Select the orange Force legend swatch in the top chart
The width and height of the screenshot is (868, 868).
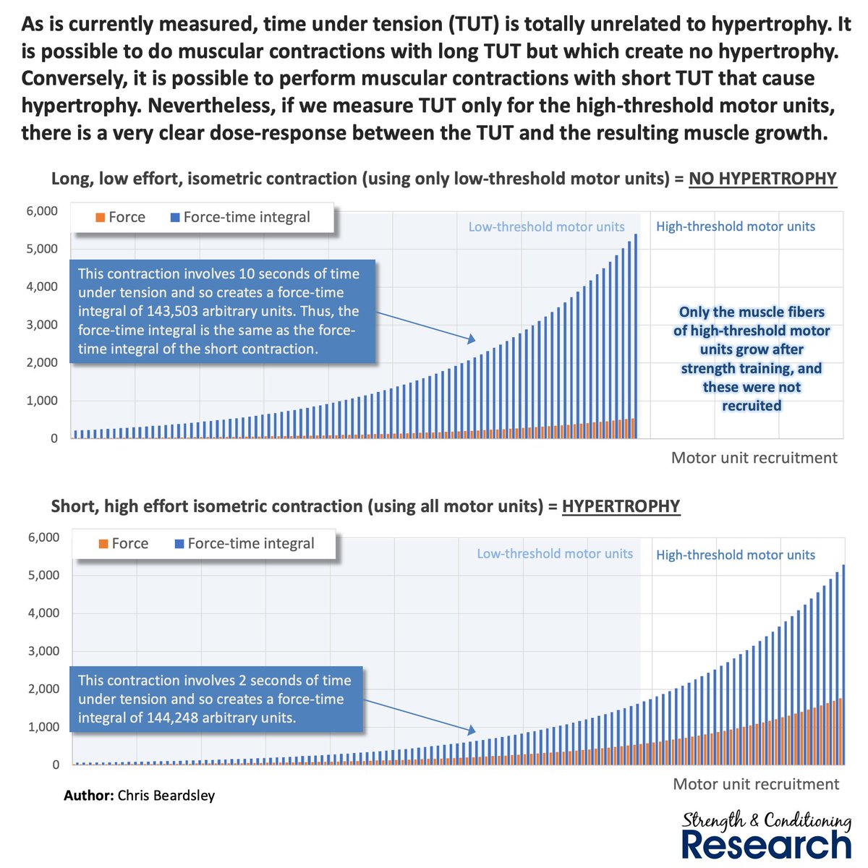pos(101,217)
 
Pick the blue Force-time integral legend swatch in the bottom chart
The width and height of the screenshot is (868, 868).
pos(179,544)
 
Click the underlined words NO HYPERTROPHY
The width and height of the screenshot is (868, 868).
pos(762,179)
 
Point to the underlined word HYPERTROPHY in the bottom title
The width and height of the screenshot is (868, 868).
pos(621,506)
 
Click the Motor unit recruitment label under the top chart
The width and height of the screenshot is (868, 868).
pos(754,458)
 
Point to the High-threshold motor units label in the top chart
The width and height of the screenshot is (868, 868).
pos(735,226)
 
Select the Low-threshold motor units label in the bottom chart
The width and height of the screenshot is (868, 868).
pos(554,554)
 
